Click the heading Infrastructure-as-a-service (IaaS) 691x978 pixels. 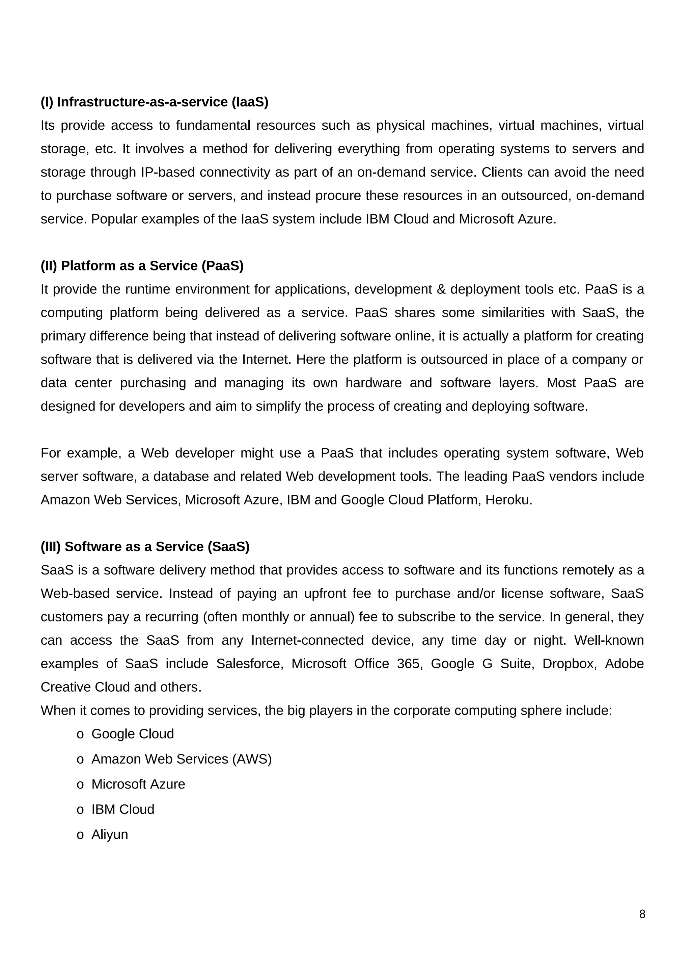click(155, 102)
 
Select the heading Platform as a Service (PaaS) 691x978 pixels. click(142, 266)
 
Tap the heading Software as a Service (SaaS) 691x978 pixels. click(145, 546)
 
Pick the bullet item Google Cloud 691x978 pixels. click(133, 734)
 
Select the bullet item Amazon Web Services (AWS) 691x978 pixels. click(181, 759)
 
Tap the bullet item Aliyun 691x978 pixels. click(110, 834)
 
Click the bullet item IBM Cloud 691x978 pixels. click(123, 809)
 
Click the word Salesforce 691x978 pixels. click(250, 664)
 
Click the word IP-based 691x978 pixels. click(168, 173)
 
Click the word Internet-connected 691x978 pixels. click(307, 640)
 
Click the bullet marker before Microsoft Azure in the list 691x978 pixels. click(80, 784)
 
